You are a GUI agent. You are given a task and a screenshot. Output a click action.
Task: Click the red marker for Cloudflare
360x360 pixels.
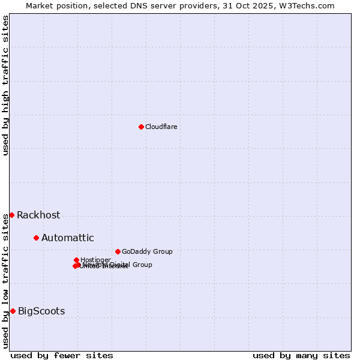[x=141, y=127]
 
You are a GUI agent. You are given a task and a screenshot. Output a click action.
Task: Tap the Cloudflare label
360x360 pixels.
[x=161, y=127]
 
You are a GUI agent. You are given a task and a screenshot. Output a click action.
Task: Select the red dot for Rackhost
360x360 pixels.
[x=11, y=215]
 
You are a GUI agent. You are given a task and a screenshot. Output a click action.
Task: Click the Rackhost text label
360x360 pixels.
[x=38, y=215]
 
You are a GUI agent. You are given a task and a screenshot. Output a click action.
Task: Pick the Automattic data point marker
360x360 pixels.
[x=36, y=238]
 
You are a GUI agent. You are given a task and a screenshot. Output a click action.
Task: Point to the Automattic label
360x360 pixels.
[x=67, y=238]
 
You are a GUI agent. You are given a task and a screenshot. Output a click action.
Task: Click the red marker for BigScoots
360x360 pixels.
[x=13, y=311]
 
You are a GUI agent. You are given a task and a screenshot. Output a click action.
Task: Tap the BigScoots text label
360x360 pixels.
[x=41, y=311]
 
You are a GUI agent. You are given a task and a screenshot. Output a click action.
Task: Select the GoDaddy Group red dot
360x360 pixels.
[x=118, y=251]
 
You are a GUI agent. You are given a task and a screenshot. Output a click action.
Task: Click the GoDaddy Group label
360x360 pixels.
[x=147, y=252]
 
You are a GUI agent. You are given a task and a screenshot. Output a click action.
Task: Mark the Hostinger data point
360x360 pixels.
[x=76, y=260]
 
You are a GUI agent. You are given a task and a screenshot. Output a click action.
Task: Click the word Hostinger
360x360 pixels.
[x=95, y=260]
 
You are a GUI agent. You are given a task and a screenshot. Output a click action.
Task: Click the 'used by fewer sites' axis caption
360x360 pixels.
[x=62, y=355]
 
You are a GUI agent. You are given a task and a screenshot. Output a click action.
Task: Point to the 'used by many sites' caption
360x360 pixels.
[x=301, y=355]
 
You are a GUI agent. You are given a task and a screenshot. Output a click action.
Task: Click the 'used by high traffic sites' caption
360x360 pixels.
[x=5, y=85]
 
